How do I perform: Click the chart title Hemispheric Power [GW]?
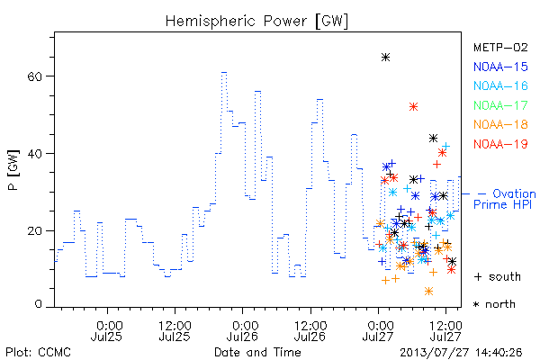click(x=256, y=22)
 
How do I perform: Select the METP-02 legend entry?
click(x=500, y=48)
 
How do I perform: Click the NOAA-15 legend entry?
click(x=500, y=67)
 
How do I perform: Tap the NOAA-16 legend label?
click(x=500, y=85)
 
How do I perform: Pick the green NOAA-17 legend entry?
click(x=500, y=105)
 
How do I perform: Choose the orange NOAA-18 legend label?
click(x=500, y=124)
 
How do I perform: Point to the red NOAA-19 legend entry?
click(x=500, y=144)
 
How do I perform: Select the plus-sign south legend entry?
click(x=498, y=276)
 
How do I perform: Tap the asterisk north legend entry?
click(x=494, y=304)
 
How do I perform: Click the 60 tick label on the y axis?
click(x=34, y=76)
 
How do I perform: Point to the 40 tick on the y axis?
click(x=34, y=153)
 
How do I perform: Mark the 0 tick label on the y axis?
click(x=38, y=304)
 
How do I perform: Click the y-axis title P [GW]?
click(x=13, y=170)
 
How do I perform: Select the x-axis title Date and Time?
click(x=257, y=352)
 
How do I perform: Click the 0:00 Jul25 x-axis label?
click(x=107, y=331)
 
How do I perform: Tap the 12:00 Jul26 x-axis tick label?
click(x=310, y=331)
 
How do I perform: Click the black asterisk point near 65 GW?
click(x=386, y=58)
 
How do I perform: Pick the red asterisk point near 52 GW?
click(x=414, y=107)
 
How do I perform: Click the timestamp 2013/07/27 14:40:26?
click(x=461, y=353)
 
